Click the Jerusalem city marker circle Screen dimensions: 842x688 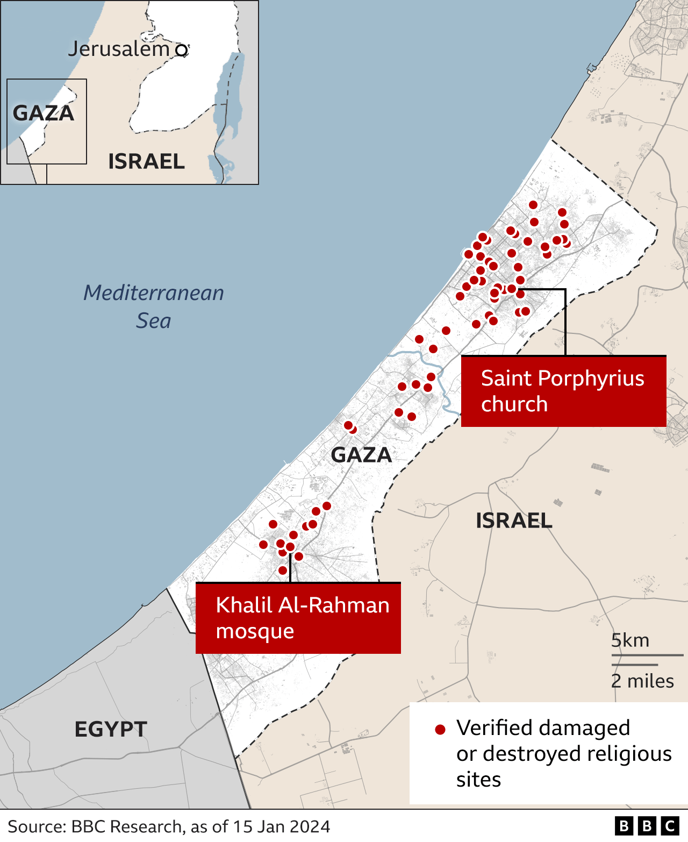pyautogui.click(x=182, y=51)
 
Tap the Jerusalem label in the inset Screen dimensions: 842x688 pyautogui.click(x=119, y=49)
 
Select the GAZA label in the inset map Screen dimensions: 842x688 pyautogui.click(x=44, y=113)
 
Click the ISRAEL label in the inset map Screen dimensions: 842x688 pyautogui.click(x=146, y=161)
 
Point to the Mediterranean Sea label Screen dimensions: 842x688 pyautogui.click(x=154, y=306)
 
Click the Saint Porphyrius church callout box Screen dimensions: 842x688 pyautogui.click(x=563, y=391)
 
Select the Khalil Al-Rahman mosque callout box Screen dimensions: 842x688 pyautogui.click(x=298, y=618)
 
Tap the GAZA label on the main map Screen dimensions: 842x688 pyautogui.click(x=361, y=455)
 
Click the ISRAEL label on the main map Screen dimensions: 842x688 pyautogui.click(x=514, y=520)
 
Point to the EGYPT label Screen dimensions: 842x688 pyautogui.click(x=111, y=730)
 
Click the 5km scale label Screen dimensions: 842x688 pyautogui.click(x=630, y=640)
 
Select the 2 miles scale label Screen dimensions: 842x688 pyautogui.click(x=642, y=681)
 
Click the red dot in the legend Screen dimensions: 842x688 pyautogui.click(x=440, y=730)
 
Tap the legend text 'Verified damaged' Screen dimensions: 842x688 pyautogui.click(x=543, y=728)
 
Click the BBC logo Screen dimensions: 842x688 pyautogui.click(x=647, y=826)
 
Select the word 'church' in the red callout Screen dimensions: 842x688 pyautogui.click(x=514, y=404)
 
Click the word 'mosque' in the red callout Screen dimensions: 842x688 pyautogui.click(x=255, y=631)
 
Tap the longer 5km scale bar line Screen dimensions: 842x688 pyautogui.click(x=647, y=655)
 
